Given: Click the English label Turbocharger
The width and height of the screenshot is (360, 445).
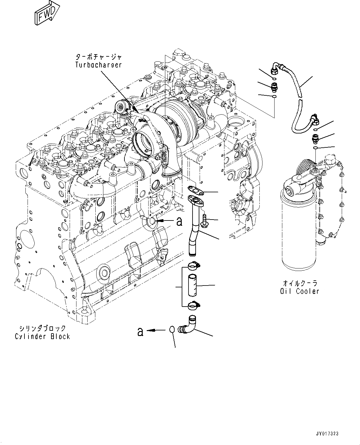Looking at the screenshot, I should (x=98, y=65).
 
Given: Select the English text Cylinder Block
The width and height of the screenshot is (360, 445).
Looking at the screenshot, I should (x=42, y=336).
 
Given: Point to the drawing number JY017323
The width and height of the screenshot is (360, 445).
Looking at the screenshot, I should (x=327, y=434).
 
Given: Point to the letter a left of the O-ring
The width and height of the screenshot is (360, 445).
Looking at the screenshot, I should (x=140, y=332).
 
